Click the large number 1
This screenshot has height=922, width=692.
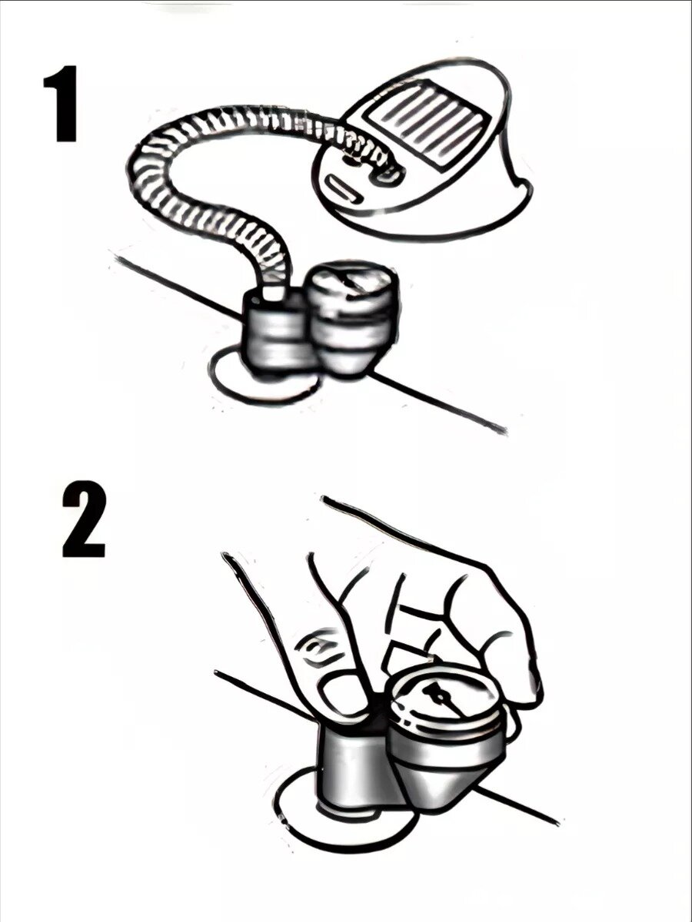point(62,103)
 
